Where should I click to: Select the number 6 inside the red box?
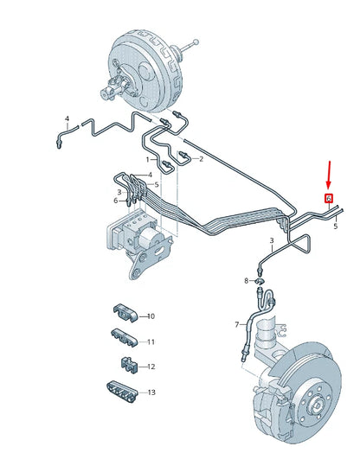pos(328,198)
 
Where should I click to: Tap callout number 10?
pos(151,316)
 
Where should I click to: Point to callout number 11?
pos(151,341)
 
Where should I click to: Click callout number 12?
pos(151,367)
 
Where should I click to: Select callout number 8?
pos(246,280)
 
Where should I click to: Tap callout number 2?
pos(200,159)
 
